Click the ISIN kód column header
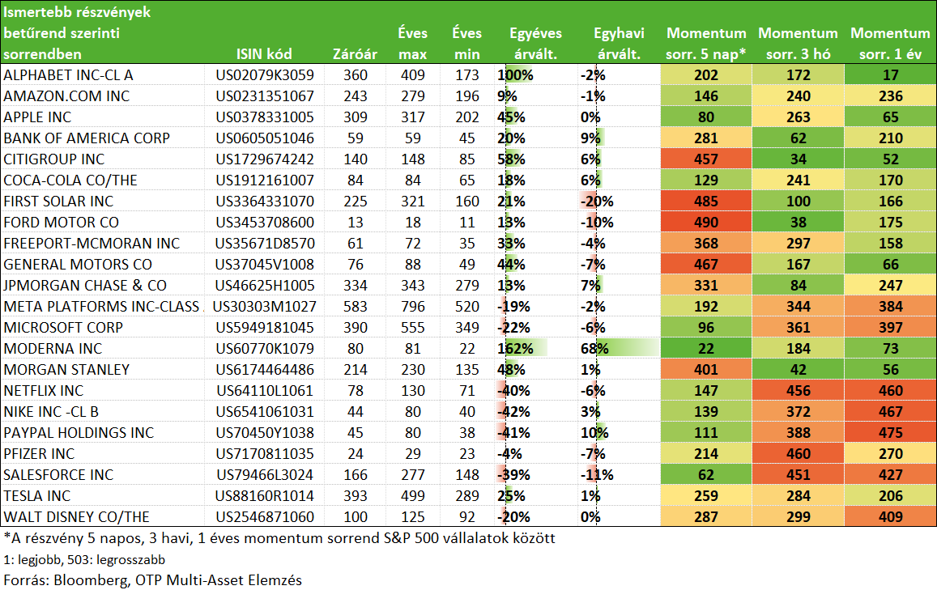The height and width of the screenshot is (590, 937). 264,54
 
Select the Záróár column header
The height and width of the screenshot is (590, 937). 355,54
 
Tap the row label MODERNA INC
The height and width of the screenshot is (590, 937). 53,349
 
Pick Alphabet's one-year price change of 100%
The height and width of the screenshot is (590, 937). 515,75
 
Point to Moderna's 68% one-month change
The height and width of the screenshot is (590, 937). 594,349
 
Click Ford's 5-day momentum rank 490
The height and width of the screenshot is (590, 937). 705,223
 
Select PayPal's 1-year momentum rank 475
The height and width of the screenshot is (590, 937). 890,433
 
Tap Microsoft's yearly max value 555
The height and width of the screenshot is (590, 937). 412,328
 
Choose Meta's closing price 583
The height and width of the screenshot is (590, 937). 355,307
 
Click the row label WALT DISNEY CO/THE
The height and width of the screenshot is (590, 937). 76,517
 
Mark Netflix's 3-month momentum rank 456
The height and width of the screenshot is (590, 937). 799,391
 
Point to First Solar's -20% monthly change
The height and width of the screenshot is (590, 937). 597,202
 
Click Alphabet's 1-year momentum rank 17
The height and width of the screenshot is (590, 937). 890,75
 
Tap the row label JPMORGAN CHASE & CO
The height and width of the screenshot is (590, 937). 85,286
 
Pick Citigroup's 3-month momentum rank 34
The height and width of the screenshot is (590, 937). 799,159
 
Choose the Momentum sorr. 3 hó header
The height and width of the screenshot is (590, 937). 798,44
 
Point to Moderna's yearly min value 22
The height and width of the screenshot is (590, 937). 466,349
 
